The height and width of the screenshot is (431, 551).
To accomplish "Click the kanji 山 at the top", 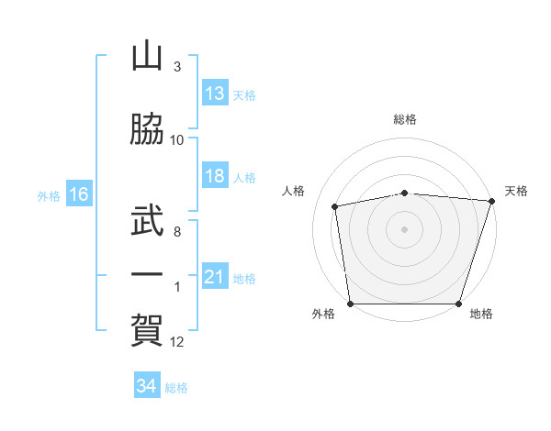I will (x=147, y=57).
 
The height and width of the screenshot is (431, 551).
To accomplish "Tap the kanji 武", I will (x=147, y=219).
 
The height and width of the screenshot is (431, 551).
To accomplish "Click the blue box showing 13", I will (x=215, y=94).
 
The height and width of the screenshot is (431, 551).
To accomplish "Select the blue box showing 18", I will (x=215, y=176).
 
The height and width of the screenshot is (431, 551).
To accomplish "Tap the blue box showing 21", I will (x=215, y=277).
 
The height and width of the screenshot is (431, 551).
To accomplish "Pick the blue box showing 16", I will (x=79, y=194).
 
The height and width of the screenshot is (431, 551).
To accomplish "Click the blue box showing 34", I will (x=146, y=386).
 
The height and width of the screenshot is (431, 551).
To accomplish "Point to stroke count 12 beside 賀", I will (x=177, y=342).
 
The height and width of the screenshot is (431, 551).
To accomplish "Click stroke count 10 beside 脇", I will (x=177, y=140).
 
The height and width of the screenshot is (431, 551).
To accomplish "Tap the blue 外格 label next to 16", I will (x=48, y=195).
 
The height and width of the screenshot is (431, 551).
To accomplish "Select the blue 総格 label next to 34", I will (x=176, y=387).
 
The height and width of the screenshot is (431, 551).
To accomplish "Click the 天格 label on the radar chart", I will (x=516, y=191).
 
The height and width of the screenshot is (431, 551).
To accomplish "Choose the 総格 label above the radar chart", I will (x=404, y=119).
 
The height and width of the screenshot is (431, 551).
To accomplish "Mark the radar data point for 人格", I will (x=336, y=206).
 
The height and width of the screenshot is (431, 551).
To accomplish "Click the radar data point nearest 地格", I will (x=459, y=304).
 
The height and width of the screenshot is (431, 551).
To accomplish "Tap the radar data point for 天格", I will (x=491, y=201).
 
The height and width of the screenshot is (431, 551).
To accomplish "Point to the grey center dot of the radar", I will (x=404, y=228).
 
